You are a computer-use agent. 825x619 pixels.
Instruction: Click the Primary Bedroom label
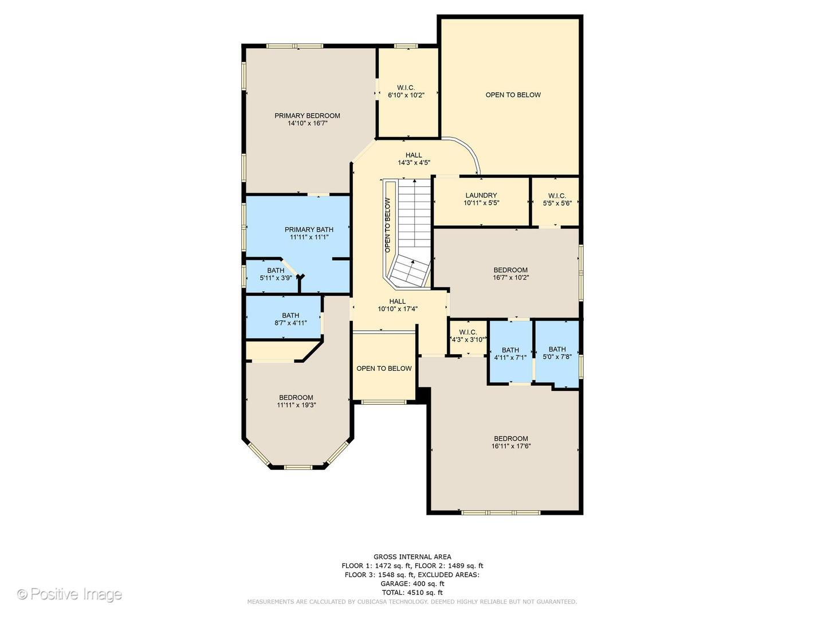point(307,116)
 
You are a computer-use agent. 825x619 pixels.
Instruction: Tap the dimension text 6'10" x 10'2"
point(406,95)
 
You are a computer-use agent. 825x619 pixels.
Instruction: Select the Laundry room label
point(481,195)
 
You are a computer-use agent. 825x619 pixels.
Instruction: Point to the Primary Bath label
point(309,230)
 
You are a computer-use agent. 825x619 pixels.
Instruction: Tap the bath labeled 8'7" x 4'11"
point(290,319)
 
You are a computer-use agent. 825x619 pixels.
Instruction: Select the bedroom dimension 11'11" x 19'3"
point(296,405)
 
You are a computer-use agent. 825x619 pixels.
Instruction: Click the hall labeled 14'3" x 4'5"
point(414,159)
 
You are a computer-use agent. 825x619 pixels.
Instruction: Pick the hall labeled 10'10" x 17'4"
point(398,305)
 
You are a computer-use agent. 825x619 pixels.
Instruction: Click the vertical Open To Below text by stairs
point(388,225)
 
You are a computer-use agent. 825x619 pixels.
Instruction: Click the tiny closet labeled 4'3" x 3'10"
point(468,336)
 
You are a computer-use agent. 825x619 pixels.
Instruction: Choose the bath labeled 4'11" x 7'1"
point(510,354)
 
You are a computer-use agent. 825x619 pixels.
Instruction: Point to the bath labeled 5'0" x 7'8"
point(557,352)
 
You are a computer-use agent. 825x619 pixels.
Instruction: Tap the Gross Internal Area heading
point(412,557)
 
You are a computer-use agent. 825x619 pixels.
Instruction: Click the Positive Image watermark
point(70,594)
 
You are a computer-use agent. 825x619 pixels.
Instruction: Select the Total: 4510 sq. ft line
point(412,593)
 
